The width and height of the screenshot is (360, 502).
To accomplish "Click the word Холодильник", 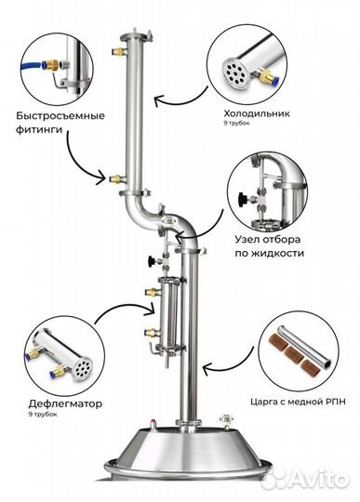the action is [257, 113].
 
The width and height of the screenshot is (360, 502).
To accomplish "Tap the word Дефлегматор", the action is [65, 403].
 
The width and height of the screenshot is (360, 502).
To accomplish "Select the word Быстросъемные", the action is [60, 116].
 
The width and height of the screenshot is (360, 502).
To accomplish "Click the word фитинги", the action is [39, 130].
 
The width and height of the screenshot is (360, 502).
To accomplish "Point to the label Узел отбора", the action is [268, 240].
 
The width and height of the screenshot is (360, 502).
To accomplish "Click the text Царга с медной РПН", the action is [298, 402].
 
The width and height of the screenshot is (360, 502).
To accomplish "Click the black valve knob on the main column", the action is [152, 261].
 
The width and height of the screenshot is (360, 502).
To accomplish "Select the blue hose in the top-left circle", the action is [31, 66].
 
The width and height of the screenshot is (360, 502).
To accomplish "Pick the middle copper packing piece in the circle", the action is [294, 353].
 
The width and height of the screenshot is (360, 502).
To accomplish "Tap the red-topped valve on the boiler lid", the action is [153, 423].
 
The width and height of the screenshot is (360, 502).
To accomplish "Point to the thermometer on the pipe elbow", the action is [168, 220].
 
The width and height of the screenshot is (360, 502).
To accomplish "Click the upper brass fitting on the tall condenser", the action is [117, 51].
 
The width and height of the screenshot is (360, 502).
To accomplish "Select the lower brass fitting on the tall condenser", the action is [117, 178].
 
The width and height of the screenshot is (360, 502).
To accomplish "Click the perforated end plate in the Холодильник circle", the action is [234, 70].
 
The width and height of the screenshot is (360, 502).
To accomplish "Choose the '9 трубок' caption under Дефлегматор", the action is [43, 415].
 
